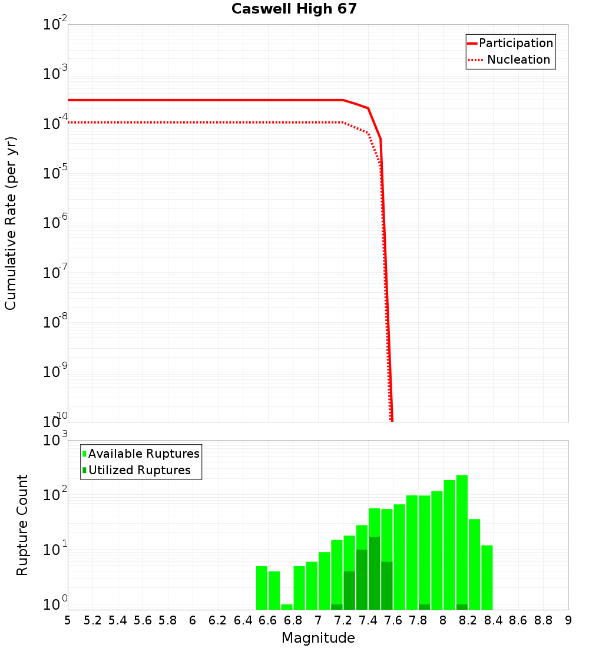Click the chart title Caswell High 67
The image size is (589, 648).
tap(294, 9)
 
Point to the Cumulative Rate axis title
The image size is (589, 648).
tap(11, 223)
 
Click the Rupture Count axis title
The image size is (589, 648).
tap(22, 525)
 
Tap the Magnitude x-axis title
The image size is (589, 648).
tap(318, 638)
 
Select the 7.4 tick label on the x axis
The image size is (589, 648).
tap(368, 620)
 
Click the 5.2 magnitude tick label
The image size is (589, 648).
tap(92, 620)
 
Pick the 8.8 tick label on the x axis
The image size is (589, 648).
tap(543, 620)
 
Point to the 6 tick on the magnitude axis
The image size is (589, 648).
tap(193, 620)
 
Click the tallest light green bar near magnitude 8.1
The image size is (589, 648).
tap(462, 542)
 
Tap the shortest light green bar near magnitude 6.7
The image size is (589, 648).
tap(287, 607)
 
